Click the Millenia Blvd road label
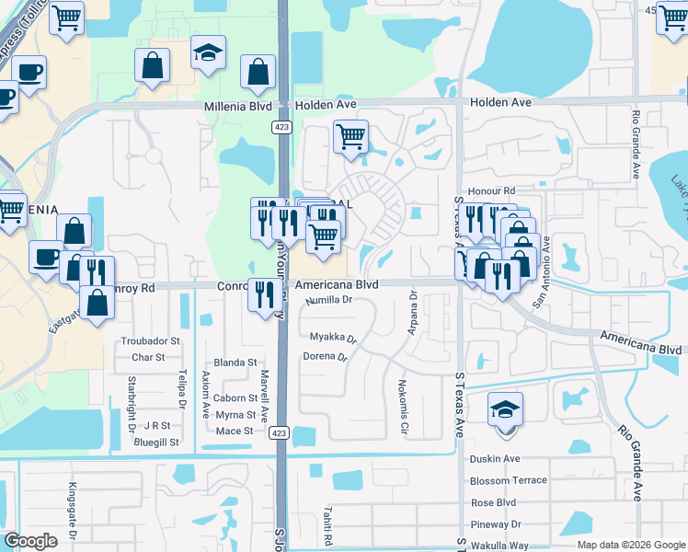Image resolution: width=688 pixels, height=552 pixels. click(235, 108)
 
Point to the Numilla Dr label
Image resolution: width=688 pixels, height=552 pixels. click(329, 300)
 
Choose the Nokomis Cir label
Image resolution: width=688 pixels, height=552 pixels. click(403, 407)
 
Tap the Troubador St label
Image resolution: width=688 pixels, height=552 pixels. click(150, 341)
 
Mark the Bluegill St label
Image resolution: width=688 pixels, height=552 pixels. click(155, 443)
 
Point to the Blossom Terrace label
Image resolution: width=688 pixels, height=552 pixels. click(508, 481)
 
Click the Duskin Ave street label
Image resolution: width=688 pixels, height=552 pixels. click(495, 459)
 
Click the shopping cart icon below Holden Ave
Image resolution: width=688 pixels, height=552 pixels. click(350, 137)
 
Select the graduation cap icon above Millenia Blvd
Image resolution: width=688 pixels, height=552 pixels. click(209, 53)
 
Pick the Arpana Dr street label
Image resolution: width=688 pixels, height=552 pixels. click(413, 314)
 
